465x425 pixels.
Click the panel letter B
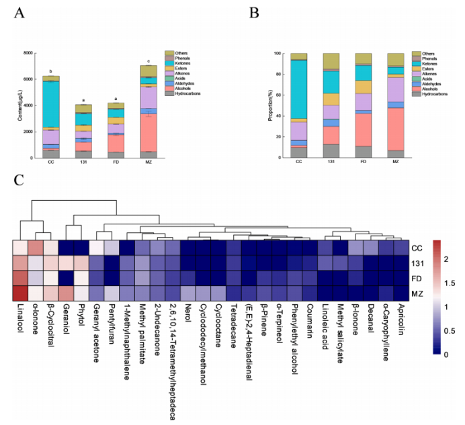click(254, 13)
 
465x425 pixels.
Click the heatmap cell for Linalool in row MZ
click(20, 293)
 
